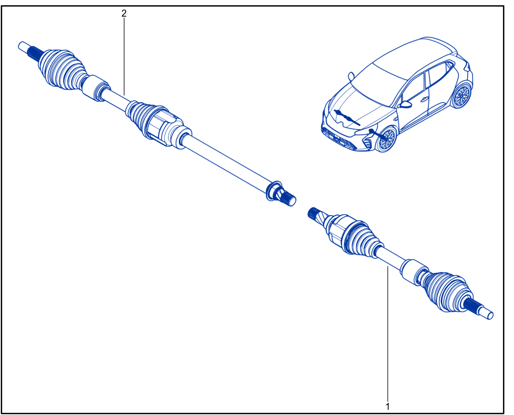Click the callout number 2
pyautogui.click(x=124, y=13)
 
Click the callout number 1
pyautogui.click(x=388, y=407)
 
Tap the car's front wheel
pyautogui.click(x=386, y=140)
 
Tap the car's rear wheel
pyautogui.click(x=461, y=96)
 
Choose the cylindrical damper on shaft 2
pyautogui.click(x=96, y=88)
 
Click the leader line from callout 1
pyautogui.click(x=388, y=334)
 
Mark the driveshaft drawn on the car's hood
pyautogui.click(x=347, y=117)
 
